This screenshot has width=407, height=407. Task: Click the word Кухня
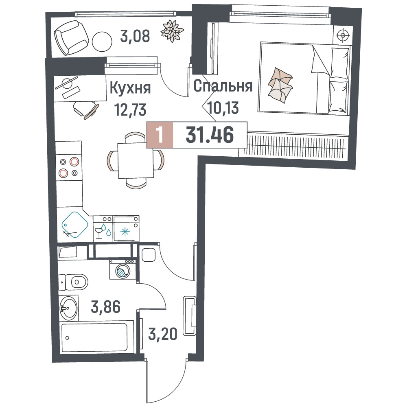tap(130, 88)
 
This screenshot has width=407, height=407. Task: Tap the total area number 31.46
tap(210, 135)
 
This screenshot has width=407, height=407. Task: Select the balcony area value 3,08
tap(135, 36)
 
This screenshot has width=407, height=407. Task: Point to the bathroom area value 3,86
tap(106, 306)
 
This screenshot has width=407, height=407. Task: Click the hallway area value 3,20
tap(163, 334)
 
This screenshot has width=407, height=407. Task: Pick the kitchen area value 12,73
tap(131, 109)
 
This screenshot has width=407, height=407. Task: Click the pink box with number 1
tap(160, 135)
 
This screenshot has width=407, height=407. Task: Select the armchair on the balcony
tap(71, 37)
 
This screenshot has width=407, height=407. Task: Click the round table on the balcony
tap(102, 42)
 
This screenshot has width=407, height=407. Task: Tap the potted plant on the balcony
tap(172, 31)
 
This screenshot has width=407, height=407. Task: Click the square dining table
tap(136, 160)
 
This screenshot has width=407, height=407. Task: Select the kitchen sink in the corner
tap(75, 225)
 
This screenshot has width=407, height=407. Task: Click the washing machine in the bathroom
tap(123, 269)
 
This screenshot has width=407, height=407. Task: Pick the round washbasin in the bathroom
tap(68, 308)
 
